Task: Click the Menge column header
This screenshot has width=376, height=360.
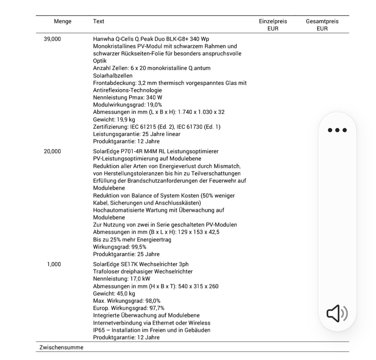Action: [x=63, y=22]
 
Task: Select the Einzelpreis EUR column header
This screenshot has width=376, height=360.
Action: [x=273, y=25]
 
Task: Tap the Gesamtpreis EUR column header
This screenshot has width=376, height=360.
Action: [x=322, y=25]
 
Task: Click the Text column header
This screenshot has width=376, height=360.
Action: [x=99, y=22]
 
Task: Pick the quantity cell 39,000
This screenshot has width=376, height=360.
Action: [x=52, y=39]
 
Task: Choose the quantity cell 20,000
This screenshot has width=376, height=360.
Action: [x=52, y=151]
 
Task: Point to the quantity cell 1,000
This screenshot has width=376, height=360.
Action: [x=54, y=264]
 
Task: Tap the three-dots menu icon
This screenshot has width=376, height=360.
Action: [x=337, y=130]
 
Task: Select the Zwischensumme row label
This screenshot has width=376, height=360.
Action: [x=61, y=347]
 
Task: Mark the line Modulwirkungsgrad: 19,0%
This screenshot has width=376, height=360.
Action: [x=127, y=105]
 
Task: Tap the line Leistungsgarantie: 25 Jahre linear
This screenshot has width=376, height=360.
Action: [x=136, y=134]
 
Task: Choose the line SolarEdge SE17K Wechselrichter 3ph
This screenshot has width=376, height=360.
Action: [x=141, y=264]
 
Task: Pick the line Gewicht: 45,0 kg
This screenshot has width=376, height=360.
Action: [x=114, y=294]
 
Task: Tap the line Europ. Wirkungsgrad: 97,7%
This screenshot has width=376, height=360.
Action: [x=128, y=308]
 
